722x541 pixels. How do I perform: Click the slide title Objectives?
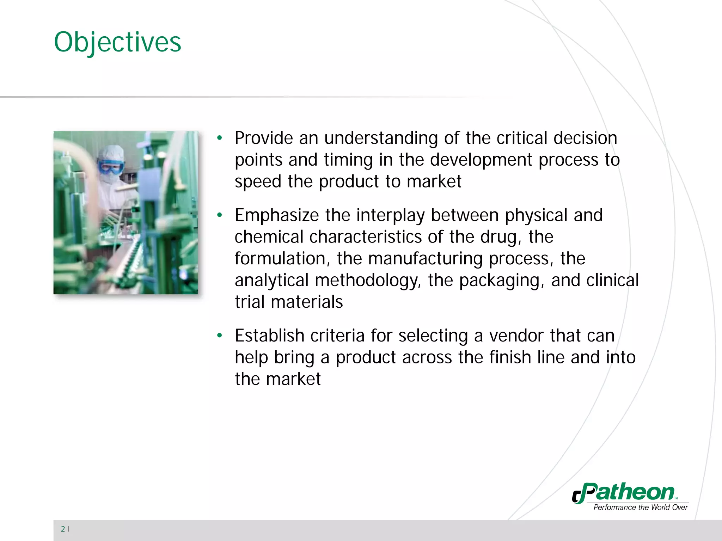click(x=117, y=42)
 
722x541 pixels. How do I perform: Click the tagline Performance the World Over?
click(x=640, y=508)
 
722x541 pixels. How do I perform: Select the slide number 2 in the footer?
click(x=63, y=529)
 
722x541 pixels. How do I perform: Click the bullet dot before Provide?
click(x=220, y=138)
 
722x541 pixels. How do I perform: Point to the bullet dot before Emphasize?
click(x=220, y=215)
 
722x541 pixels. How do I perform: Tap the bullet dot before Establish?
click(x=220, y=336)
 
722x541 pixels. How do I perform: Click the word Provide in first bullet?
click(x=264, y=138)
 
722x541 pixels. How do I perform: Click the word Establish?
click(x=269, y=336)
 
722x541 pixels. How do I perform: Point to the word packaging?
click(x=502, y=281)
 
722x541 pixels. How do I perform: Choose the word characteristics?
click(x=365, y=237)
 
